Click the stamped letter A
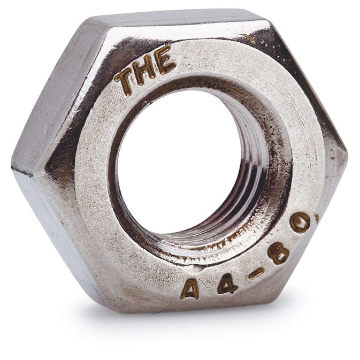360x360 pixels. pos(190,289)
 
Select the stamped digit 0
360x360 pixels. pos(300,221)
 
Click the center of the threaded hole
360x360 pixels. pos(181,160)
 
